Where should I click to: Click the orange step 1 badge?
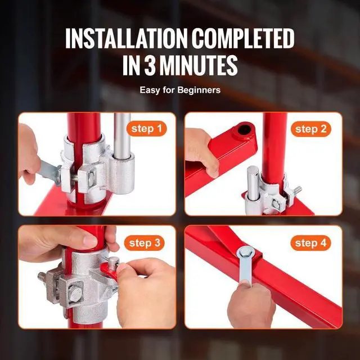point(146,129)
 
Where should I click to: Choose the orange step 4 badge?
point(310,243)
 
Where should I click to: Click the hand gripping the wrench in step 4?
point(253,304)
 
